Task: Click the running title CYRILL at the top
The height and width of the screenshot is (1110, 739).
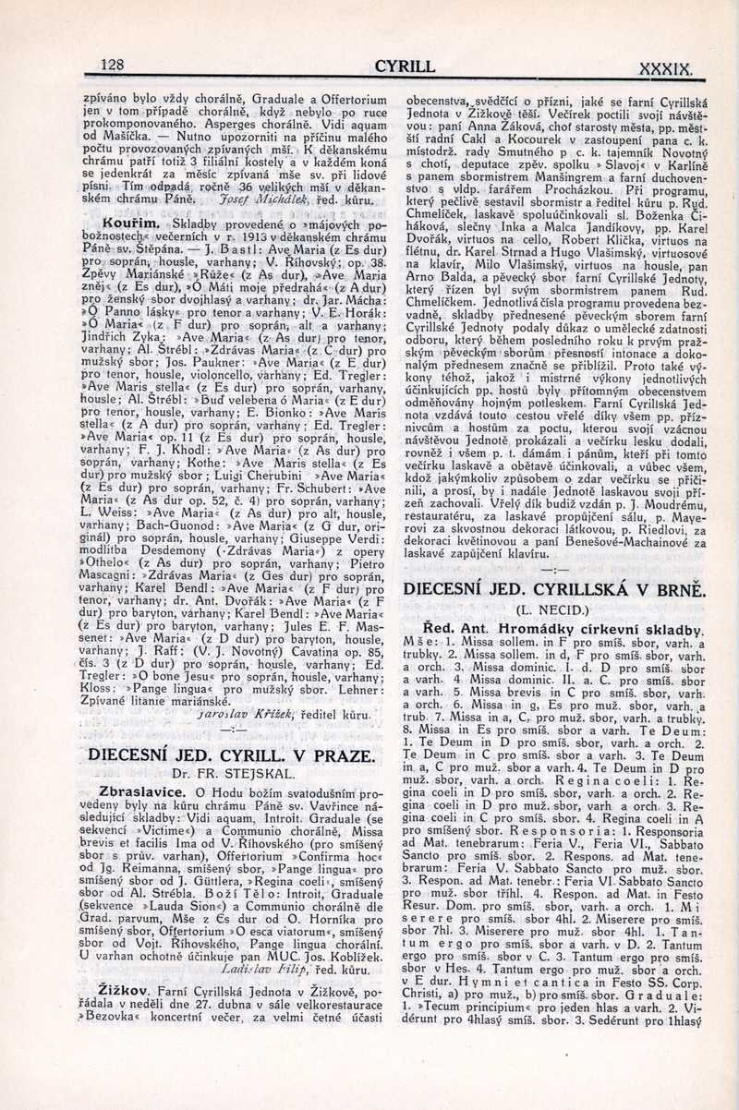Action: pyautogui.click(x=405, y=66)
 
